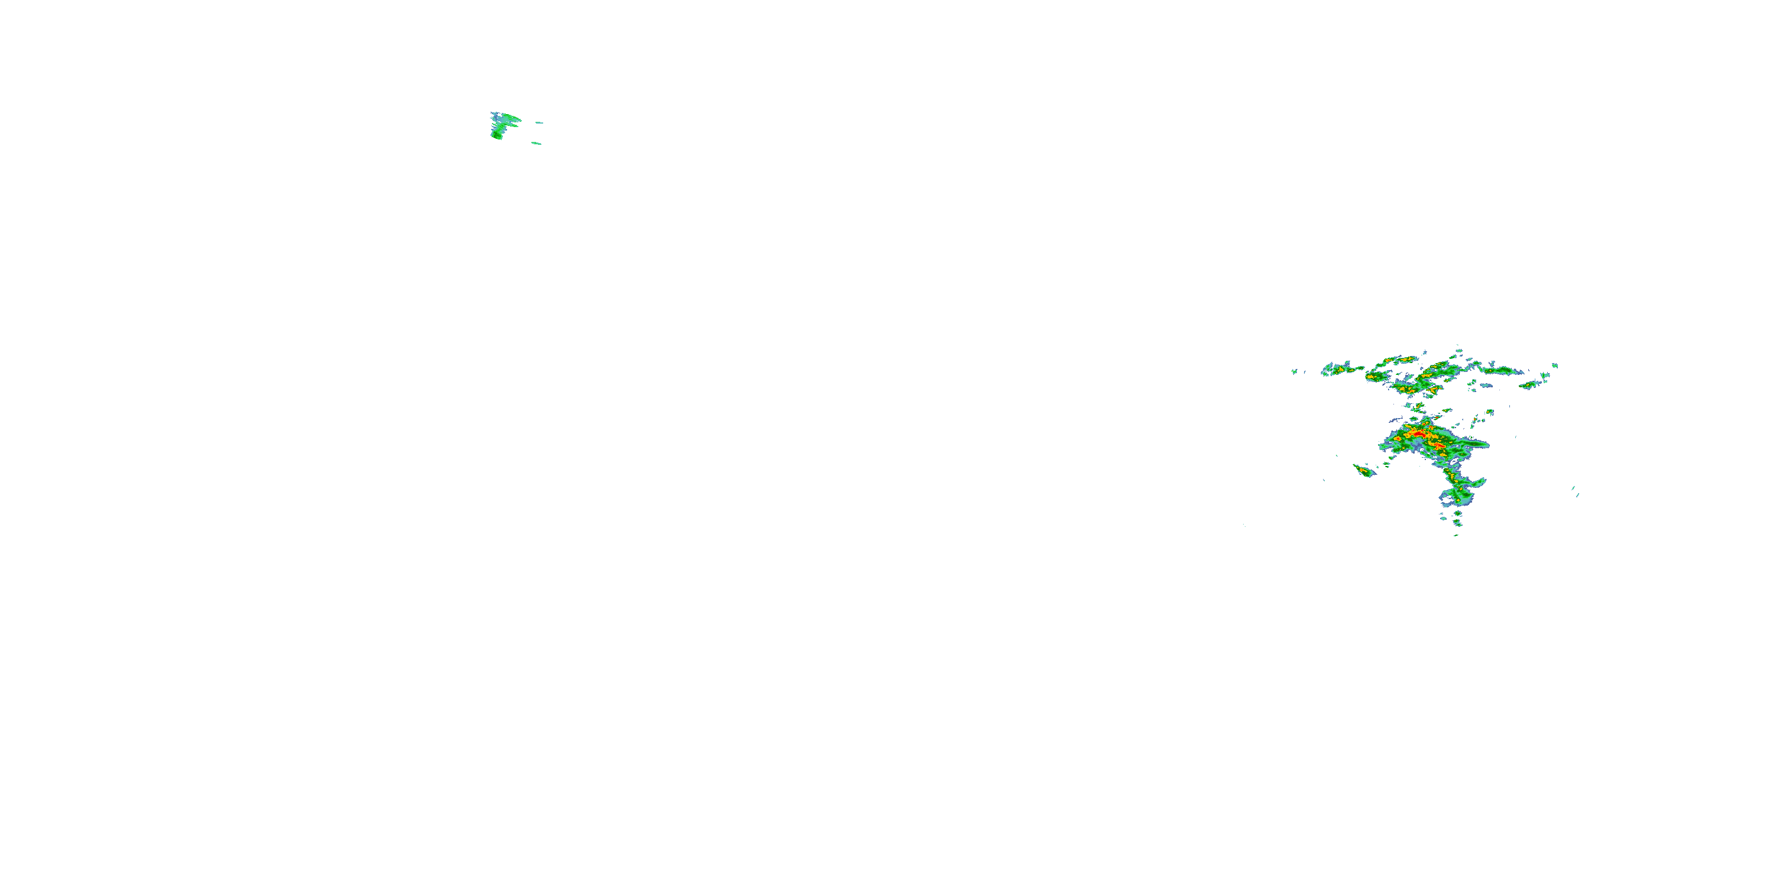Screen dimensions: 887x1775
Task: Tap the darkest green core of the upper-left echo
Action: click(x=497, y=135)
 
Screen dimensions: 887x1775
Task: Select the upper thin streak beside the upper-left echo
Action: click(x=539, y=122)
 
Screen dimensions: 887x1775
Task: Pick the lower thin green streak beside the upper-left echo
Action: click(x=536, y=143)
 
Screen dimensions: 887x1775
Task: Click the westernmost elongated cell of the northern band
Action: click(x=1341, y=369)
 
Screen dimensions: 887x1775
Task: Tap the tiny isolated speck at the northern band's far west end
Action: click(x=1295, y=372)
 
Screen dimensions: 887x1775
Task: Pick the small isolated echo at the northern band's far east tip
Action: click(x=1555, y=365)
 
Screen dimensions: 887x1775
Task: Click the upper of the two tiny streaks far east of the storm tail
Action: click(x=1573, y=488)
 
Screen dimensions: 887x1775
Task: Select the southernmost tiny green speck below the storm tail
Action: click(x=1456, y=535)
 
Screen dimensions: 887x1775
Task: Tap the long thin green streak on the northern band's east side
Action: click(x=1502, y=371)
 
